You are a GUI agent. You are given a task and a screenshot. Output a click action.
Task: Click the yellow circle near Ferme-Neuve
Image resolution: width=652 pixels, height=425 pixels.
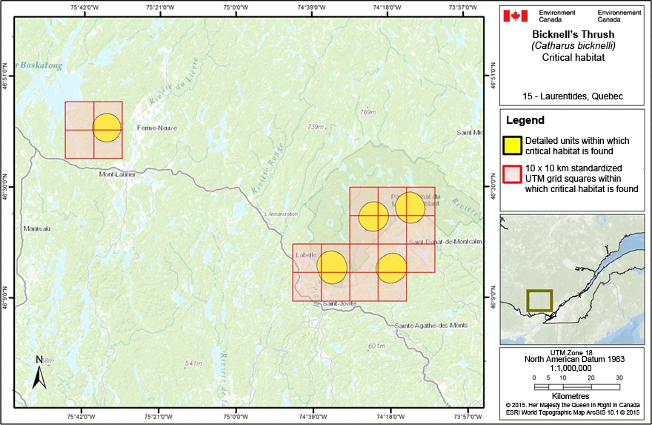(107, 128)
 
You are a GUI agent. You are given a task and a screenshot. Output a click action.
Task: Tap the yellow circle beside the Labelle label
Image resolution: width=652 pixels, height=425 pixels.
(332, 267)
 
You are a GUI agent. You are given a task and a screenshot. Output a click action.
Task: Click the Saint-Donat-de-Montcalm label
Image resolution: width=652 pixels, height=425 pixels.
(445, 242)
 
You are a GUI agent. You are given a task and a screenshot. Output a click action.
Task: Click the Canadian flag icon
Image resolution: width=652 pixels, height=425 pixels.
(515, 16)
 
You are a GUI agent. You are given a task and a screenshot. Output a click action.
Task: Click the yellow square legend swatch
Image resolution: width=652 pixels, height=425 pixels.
(513, 145)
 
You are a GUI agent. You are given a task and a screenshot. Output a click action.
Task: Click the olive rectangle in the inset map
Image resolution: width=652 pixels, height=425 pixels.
(539, 300)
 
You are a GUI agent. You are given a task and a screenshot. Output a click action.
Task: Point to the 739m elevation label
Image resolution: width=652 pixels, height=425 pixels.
(316, 127)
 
